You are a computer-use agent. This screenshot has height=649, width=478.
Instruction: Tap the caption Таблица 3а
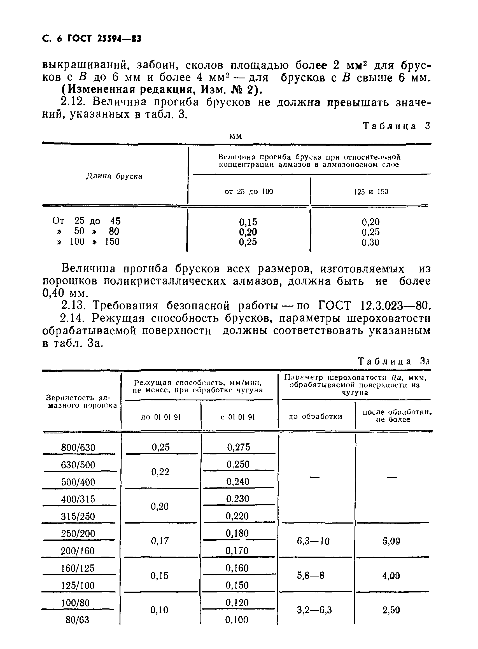(x=394, y=361)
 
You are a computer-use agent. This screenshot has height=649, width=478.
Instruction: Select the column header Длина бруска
(x=114, y=176)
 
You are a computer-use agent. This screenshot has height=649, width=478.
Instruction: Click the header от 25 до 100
(x=249, y=192)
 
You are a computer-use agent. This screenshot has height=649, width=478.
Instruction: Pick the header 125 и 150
(x=371, y=192)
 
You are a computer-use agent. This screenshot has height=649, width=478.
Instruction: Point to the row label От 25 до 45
(x=86, y=221)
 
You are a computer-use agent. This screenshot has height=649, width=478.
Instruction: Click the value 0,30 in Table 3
(x=370, y=242)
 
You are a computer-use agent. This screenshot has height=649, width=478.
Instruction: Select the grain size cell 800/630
(x=78, y=448)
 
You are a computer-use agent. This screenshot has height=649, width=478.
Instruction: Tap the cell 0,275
(x=238, y=447)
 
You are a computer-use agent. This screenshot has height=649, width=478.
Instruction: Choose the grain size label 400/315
(x=78, y=499)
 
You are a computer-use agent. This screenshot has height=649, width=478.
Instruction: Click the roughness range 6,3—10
(x=313, y=541)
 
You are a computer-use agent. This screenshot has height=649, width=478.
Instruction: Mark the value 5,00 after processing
(x=391, y=541)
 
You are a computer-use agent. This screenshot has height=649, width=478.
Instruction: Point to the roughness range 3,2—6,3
(x=314, y=610)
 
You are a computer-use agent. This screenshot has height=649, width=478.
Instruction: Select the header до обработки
(x=315, y=417)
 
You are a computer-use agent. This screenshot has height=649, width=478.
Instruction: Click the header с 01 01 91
(x=238, y=417)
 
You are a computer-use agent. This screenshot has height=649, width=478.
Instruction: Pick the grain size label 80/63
(x=78, y=620)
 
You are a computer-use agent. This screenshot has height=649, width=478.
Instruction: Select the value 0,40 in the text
(x=53, y=293)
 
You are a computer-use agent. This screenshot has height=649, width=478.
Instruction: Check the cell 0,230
(x=238, y=499)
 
